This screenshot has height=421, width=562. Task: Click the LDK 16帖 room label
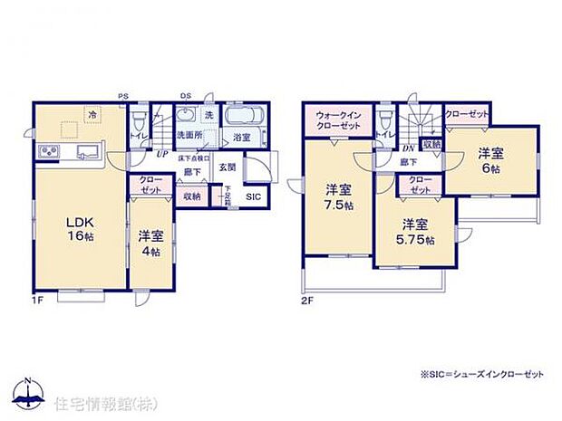point(78,226)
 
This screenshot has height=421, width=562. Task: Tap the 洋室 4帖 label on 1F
point(151,242)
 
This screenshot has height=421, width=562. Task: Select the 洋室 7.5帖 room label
point(340,196)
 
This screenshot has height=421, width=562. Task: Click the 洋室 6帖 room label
point(489,160)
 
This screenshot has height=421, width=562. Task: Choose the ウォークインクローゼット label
point(339,120)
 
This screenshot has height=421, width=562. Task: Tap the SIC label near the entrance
point(253,196)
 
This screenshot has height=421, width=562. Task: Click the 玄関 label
point(226,167)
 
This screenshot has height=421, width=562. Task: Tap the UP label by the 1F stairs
point(160,154)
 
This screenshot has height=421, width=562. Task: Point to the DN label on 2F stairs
point(408,149)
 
